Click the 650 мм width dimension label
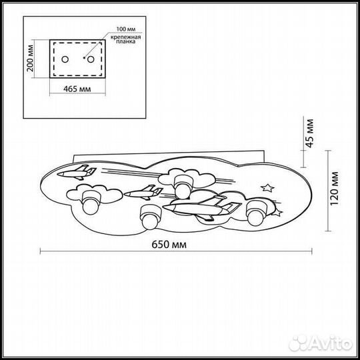[x=169, y=245]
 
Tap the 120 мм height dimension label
[x=334, y=188]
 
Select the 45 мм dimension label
[x=310, y=133]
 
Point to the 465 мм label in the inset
[x=77, y=89]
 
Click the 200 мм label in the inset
[x=30, y=58]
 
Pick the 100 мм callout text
[x=126, y=29]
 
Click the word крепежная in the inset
[x=125, y=37]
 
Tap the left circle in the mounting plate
[x=65, y=59]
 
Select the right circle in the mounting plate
[x=91, y=59]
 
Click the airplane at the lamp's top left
[x=77, y=173]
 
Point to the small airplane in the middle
[x=143, y=193]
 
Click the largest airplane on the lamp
[x=202, y=208]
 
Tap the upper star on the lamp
[x=267, y=188]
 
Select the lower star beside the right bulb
[x=277, y=212]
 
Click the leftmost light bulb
[x=91, y=202]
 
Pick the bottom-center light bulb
[x=151, y=217]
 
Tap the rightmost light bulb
[x=257, y=214]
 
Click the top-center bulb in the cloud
[x=183, y=187]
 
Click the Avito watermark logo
[x=321, y=343]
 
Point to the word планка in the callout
[x=125, y=42]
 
